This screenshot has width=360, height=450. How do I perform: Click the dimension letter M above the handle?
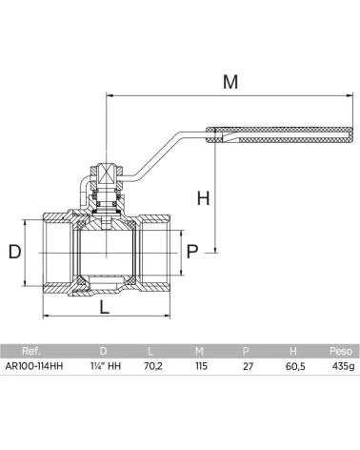pos(230,82)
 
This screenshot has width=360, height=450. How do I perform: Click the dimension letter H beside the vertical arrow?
pos(203,198)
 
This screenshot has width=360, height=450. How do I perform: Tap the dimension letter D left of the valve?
pos(14,252)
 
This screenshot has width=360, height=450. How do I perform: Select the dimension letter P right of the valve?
pos(192,252)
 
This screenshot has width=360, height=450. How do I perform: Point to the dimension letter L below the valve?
pos(105,307)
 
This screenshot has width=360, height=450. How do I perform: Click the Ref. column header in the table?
pos(31,351)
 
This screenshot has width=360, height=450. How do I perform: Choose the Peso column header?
pos(341,351)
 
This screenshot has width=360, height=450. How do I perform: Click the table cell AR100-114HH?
pos(34,366)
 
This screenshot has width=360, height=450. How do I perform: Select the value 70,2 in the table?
pos(153,366)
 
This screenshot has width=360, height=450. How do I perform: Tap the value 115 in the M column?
pos(201,366)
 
